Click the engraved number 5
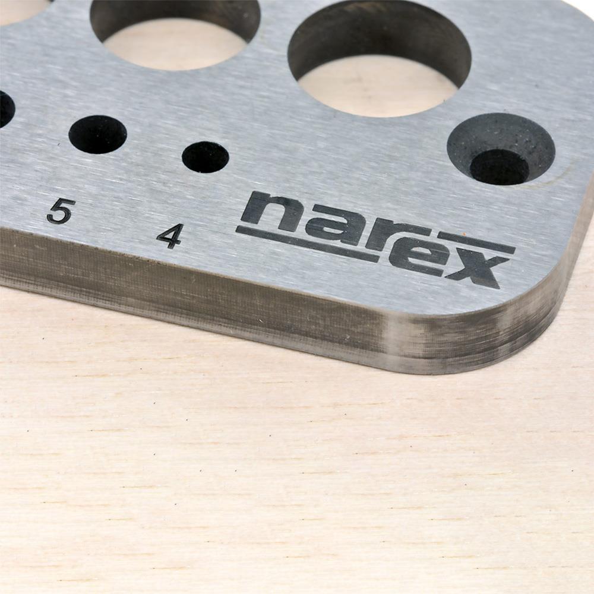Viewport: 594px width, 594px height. point(61,211)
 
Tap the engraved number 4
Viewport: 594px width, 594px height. point(170,236)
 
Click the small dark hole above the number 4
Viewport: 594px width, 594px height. point(205,157)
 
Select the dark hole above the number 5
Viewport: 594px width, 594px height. point(97,134)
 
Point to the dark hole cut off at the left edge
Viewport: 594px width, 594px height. point(5,109)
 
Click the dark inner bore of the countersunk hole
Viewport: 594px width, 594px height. point(499,167)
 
